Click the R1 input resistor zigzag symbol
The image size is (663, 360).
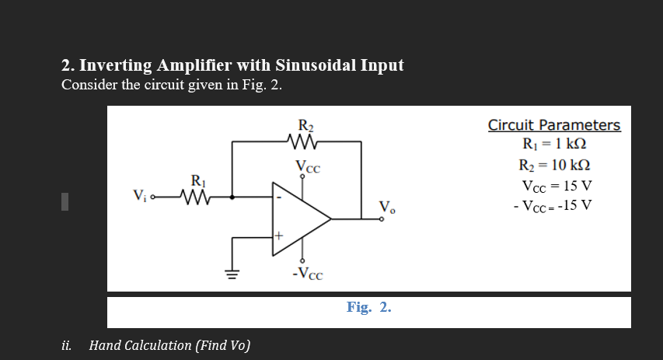[x=197, y=197]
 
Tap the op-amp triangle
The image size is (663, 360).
[x=300, y=218]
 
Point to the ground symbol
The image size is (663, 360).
[x=232, y=273]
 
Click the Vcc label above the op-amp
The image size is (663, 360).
[x=308, y=165]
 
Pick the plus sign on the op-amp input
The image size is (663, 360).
[x=277, y=235]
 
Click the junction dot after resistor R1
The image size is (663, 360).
[x=232, y=197]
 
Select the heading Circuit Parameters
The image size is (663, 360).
[x=553, y=125]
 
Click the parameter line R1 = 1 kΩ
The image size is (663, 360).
[x=554, y=145]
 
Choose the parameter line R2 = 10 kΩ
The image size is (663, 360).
[x=554, y=166]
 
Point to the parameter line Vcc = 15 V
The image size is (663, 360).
[x=557, y=187]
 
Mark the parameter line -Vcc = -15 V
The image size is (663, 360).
[x=553, y=206]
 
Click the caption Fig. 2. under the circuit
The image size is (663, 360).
[x=368, y=307]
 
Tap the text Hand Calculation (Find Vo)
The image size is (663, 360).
[x=169, y=345]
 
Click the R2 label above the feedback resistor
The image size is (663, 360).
[x=305, y=124]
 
